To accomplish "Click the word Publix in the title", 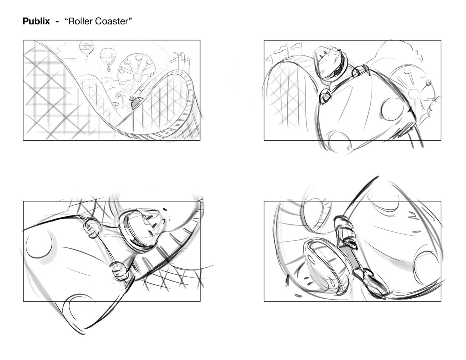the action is (x=36, y=22).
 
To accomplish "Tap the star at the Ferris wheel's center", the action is (x=136, y=75).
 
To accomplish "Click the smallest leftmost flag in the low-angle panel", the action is (x=269, y=57).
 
